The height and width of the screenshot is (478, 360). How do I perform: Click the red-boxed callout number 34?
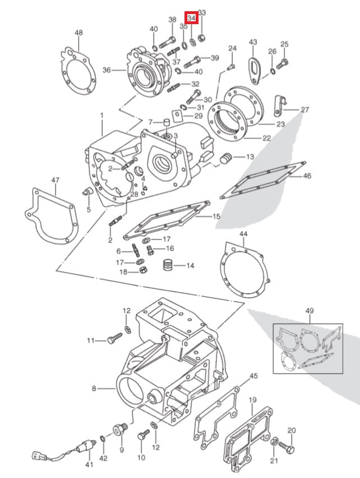192,18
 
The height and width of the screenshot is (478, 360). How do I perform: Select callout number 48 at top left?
79,33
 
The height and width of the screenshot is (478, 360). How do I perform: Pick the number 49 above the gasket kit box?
310,311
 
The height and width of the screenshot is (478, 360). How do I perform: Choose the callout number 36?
107,70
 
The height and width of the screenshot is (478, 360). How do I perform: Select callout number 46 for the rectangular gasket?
307,176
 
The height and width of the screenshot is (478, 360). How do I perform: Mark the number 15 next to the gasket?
216,216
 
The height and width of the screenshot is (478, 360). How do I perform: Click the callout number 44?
243,233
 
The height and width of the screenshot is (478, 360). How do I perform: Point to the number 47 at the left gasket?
55,180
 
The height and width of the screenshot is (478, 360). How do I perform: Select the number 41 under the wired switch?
89,465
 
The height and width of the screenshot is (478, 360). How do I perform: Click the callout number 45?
253,375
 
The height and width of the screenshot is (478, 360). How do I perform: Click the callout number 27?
304,109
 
